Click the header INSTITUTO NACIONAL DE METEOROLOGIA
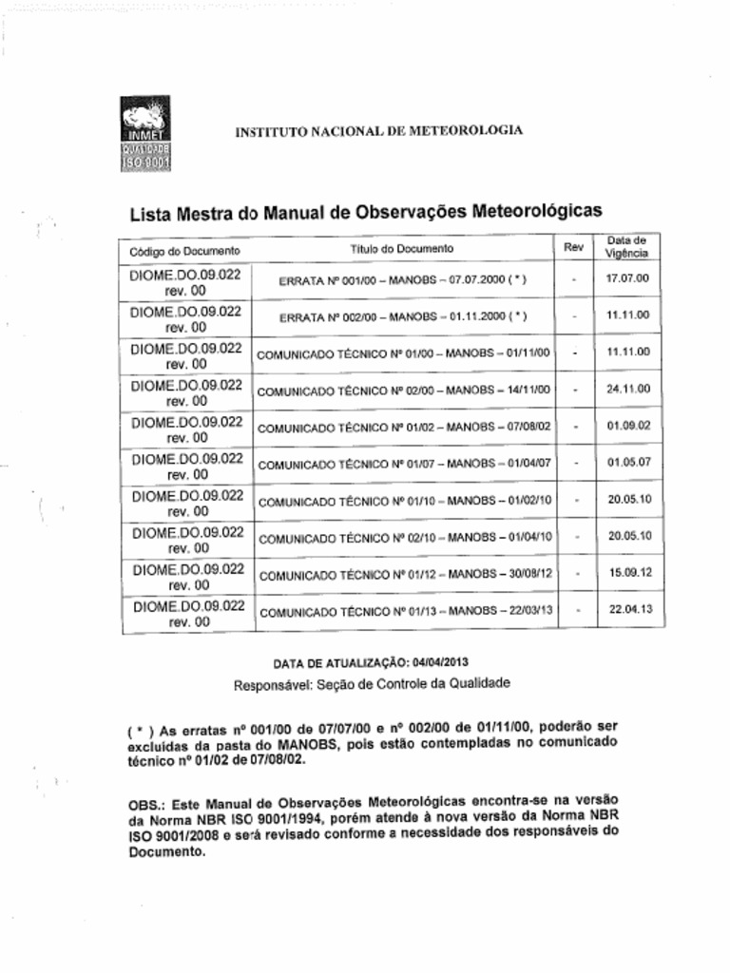click(x=378, y=131)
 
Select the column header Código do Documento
click(x=179, y=251)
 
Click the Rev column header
click(x=573, y=247)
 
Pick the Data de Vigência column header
click(x=626, y=248)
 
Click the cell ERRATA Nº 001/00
click(x=402, y=281)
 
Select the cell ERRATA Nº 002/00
click(x=402, y=316)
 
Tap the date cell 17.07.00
click(x=627, y=279)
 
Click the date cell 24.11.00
click(x=627, y=389)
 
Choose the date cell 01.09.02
click(x=627, y=426)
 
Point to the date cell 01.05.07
click(x=627, y=463)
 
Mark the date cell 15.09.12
click(x=628, y=573)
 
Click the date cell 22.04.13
click(x=628, y=610)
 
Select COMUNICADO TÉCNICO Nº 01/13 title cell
click(x=406, y=613)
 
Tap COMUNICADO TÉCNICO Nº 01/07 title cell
click(x=405, y=465)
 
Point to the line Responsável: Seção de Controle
click(x=372, y=683)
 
